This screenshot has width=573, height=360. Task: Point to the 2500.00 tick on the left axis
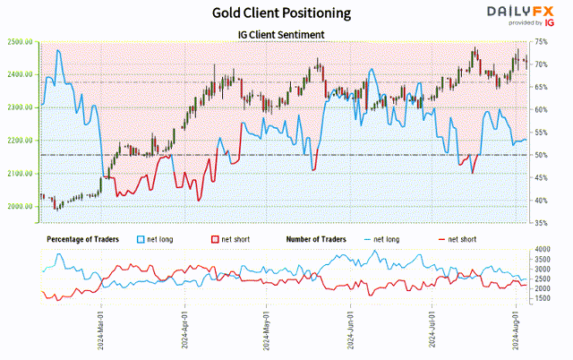(x=21, y=42)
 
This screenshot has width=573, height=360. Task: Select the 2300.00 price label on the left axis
(x=21, y=107)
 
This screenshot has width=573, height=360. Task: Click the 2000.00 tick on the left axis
(x=21, y=206)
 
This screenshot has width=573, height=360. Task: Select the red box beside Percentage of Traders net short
(x=214, y=239)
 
